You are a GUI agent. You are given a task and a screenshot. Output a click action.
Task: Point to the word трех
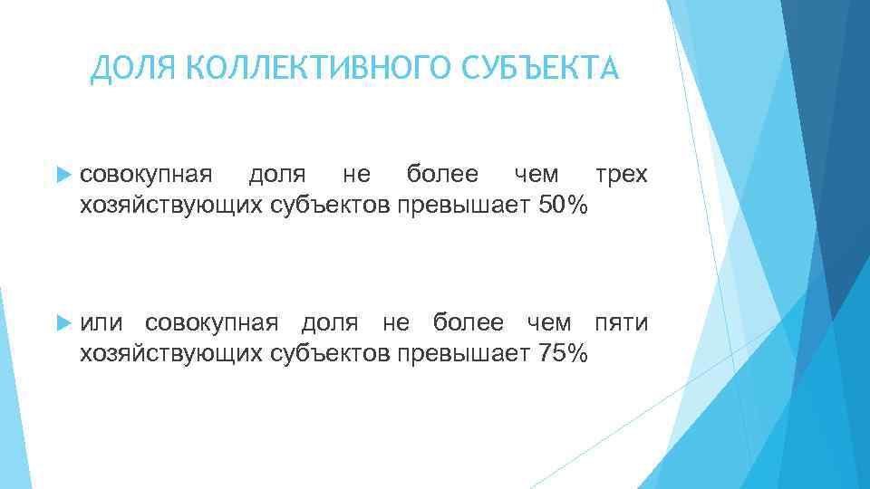pyautogui.click(x=621, y=174)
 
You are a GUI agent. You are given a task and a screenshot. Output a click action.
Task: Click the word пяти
pyautogui.click(x=621, y=323)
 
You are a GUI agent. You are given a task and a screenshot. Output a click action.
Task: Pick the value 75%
pyautogui.click(x=563, y=354)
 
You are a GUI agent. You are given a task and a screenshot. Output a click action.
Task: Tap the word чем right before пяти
pyautogui.click(x=549, y=323)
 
